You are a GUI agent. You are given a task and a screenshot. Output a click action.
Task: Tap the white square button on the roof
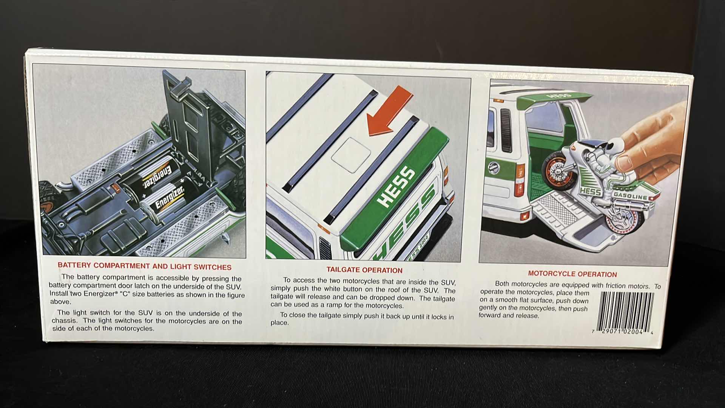(351, 155)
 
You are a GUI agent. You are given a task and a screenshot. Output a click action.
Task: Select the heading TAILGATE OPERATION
(364, 270)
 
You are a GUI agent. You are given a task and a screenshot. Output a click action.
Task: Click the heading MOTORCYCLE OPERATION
(572, 274)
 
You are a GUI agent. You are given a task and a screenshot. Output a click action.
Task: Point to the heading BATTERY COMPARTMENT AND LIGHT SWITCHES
(145, 266)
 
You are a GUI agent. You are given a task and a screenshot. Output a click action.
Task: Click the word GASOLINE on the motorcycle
(630, 196)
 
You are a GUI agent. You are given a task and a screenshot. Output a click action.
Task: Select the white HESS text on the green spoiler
(396, 187)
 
